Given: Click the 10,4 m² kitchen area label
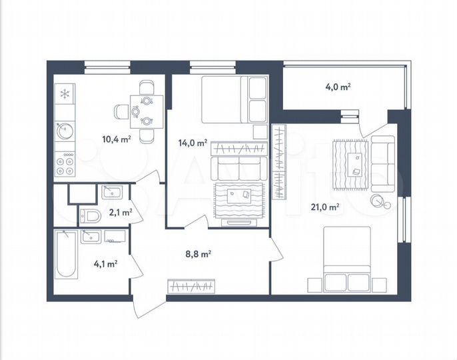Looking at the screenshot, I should tap(116, 139).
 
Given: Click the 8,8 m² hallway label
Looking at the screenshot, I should tap(197, 253).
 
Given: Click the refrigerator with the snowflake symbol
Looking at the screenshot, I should tap(65, 94).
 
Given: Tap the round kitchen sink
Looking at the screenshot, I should tap(65, 131).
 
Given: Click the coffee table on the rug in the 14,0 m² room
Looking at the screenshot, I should tap(240, 195).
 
